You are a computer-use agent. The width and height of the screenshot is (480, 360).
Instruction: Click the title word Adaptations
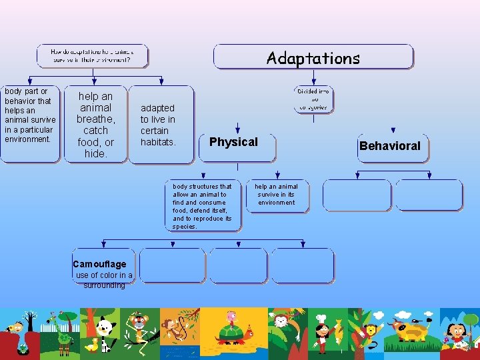(x=313, y=58)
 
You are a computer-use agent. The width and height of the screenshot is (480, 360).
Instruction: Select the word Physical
(x=233, y=142)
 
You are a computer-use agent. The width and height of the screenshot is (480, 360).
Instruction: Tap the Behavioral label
(x=390, y=146)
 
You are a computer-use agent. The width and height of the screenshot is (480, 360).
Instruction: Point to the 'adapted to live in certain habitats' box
(x=161, y=125)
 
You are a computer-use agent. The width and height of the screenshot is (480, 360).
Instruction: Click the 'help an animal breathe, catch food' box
(x=95, y=125)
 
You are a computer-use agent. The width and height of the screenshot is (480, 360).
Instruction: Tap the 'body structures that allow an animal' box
(x=203, y=206)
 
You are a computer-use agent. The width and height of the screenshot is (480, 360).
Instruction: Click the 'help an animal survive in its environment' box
(x=277, y=195)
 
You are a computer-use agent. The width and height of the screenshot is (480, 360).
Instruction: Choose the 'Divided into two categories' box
(x=313, y=99)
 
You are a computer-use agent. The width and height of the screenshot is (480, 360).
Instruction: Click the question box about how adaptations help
(x=93, y=55)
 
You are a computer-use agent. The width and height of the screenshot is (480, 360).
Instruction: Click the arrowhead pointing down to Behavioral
(x=393, y=131)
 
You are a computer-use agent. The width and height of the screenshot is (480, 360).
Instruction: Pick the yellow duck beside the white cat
(x=91, y=345)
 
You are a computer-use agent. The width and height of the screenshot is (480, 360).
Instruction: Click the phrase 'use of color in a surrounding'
(x=104, y=280)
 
